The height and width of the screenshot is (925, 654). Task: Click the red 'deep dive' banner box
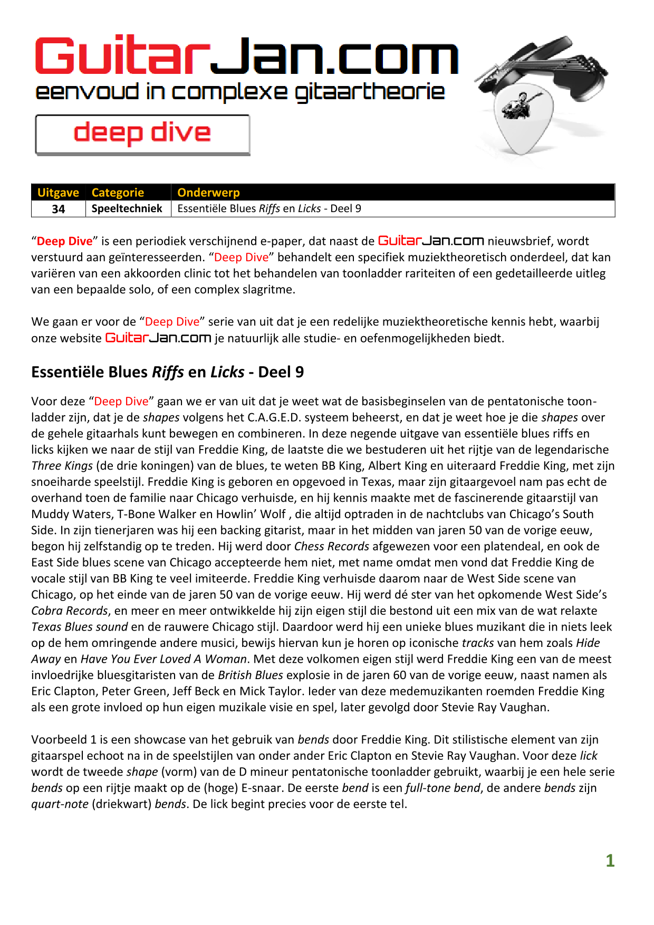tap(142, 135)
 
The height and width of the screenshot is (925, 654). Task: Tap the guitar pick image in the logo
tap(522, 119)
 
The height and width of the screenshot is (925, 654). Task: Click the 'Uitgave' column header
tap(58, 193)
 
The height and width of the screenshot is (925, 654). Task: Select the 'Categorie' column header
tap(118, 193)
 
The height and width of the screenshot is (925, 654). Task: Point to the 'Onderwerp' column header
tap(208, 193)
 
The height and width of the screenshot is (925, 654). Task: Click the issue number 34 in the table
tap(59, 209)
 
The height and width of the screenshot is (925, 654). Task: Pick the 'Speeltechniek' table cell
tap(127, 208)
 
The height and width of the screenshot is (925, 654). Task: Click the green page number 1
tap(610, 861)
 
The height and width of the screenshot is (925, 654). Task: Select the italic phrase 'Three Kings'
tap(62, 466)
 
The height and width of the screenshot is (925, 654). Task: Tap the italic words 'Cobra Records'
tap(69, 611)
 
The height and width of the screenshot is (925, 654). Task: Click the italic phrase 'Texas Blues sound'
tap(79, 627)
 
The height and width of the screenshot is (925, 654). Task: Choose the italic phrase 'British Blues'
tap(251, 675)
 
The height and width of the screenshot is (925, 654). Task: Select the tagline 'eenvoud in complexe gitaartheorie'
tap(240, 92)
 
